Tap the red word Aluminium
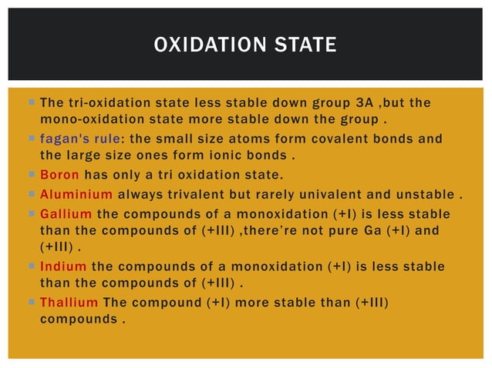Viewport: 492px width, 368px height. tap(76, 193)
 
